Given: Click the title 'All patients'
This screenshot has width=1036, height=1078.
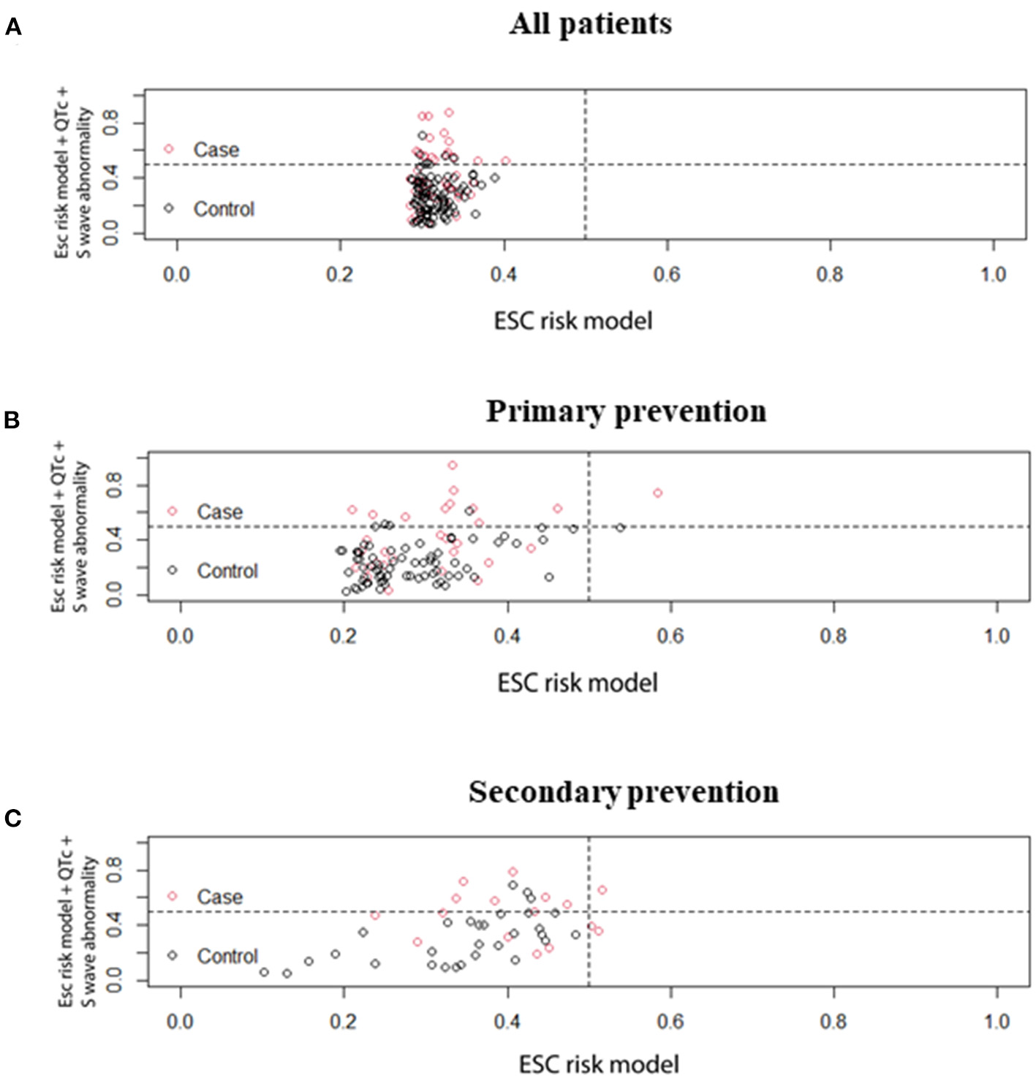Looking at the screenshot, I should pyautogui.click(x=591, y=23).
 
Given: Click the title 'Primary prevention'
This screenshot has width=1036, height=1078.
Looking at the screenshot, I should pyautogui.click(x=626, y=411).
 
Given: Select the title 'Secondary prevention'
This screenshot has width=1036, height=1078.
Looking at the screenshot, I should pyautogui.click(x=624, y=792).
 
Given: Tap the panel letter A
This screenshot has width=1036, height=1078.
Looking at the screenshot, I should pyautogui.click(x=13, y=28).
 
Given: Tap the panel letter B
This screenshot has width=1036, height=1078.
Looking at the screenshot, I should pyautogui.click(x=12, y=420).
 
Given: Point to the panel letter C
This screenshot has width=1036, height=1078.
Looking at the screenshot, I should pyautogui.click(x=12, y=819).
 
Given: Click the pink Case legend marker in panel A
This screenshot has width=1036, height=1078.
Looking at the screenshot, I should pyautogui.click(x=169, y=149).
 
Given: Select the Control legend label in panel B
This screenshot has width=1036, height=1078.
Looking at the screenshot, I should pyautogui.click(x=227, y=571).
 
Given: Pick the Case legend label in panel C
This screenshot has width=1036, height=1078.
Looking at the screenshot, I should pyautogui.click(x=219, y=897).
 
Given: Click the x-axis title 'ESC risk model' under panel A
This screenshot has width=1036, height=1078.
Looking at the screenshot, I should pyautogui.click(x=573, y=321).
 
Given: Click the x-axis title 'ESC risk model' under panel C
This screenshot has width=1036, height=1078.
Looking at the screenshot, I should pyautogui.click(x=599, y=1064).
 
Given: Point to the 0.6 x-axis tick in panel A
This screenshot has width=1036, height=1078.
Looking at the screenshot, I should pyautogui.click(x=667, y=275).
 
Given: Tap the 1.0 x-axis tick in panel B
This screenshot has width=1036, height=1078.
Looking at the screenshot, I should pyautogui.click(x=997, y=636).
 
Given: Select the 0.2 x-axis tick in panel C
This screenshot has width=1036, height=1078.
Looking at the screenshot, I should pyautogui.click(x=343, y=1021).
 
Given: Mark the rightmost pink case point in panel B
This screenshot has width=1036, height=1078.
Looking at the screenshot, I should pyautogui.click(x=657, y=493).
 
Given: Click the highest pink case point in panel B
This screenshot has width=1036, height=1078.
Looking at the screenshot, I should pyautogui.click(x=453, y=466).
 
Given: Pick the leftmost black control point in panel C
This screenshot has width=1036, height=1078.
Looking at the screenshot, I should pyautogui.click(x=264, y=972).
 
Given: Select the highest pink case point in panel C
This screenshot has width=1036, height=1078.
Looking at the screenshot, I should pyautogui.click(x=513, y=872).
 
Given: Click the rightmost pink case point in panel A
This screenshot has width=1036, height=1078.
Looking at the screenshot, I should pyautogui.click(x=505, y=161).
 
